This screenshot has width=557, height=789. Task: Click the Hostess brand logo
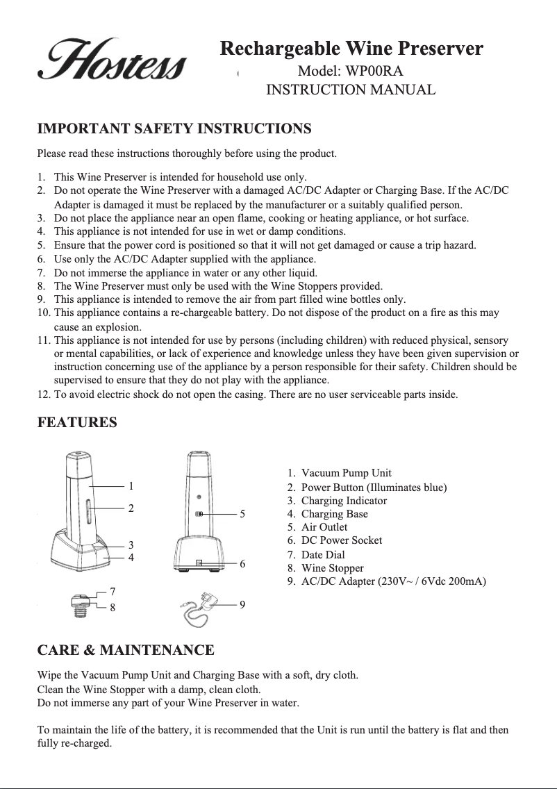(x=112, y=60)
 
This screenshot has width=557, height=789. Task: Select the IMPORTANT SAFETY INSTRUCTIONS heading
(x=174, y=129)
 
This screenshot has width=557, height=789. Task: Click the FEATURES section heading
(x=76, y=422)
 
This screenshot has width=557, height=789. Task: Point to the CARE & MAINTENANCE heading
(x=125, y=651)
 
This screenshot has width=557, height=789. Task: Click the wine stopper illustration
(x=81, y=602)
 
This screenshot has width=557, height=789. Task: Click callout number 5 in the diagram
(x=242, y=514)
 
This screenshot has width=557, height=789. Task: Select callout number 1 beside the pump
(x=131, y=486)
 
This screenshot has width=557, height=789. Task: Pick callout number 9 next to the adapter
(x=242, y=605)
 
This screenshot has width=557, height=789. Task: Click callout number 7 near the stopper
(x=113, y=591)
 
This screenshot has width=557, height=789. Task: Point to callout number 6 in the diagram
(x=242, y=564)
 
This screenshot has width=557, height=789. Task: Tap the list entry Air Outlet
(x=324, y=527)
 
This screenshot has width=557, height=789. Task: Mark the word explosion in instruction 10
(x=118, y=326)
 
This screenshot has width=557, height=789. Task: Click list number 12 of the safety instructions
(x=43, y=395)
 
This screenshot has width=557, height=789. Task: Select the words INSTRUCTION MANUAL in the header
(x=351, y=90)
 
